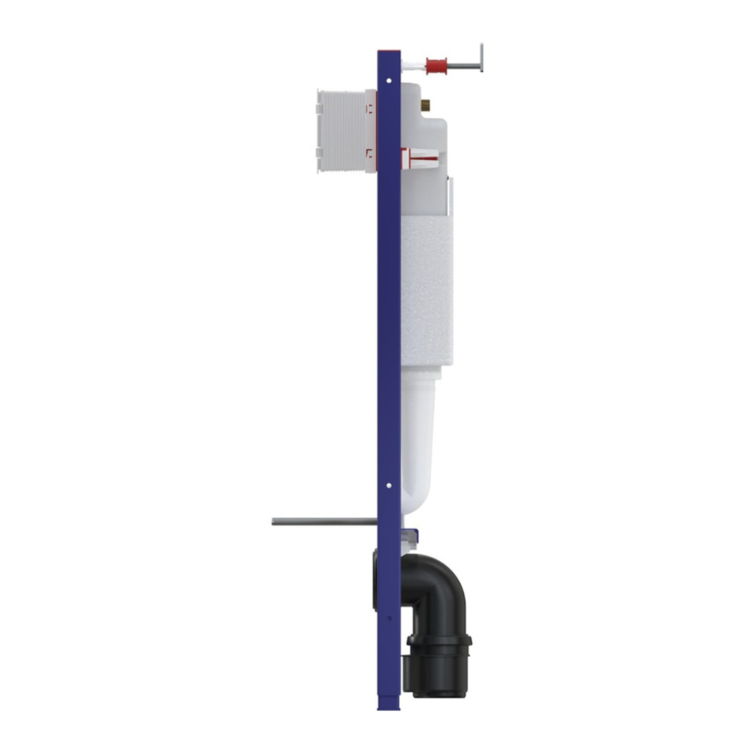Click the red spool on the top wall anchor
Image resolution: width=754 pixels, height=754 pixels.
pyautogui.click(x=436, y=66)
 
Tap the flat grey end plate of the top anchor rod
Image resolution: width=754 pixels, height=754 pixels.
pyautogui.click(x=481, y=58)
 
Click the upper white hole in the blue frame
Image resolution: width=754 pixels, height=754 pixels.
pyautogui.click(x=389, y=81)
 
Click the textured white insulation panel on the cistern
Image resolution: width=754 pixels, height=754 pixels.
pyautogui.click(x=426, y=290)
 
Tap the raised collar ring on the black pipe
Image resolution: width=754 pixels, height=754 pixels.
pyautogui.click(x=439, y=641)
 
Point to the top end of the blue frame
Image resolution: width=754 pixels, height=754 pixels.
pyautogui.click(x=389, y=53)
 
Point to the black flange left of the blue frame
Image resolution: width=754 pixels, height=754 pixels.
pyautogui.click(x=374, y=580)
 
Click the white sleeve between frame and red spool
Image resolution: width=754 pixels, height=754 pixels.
pyautogui.click(x=413, y=66)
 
